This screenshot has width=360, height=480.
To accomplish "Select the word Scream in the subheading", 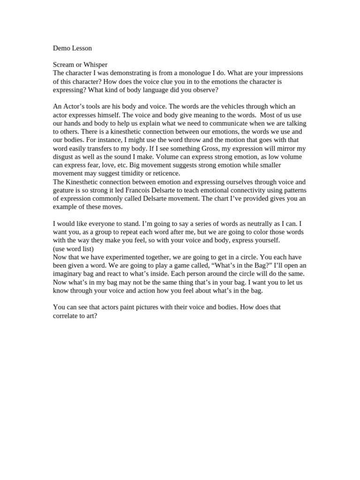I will pos(64,65).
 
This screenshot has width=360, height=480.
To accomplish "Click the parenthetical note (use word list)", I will pos(73,248).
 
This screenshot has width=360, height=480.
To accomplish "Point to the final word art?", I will pos(90,316).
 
